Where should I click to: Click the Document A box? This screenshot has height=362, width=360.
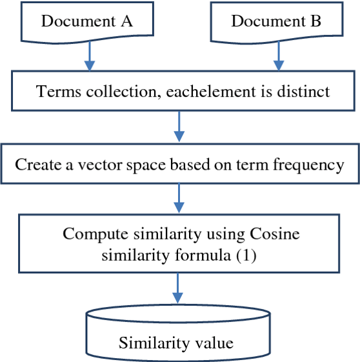87,23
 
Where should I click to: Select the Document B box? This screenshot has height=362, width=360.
277,23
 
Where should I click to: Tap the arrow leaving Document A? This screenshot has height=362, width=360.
90,56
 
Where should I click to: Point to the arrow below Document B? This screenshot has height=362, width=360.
279,56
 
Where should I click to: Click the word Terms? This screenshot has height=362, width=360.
58,92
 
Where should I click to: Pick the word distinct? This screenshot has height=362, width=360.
303,92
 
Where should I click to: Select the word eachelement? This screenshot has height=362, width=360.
211,92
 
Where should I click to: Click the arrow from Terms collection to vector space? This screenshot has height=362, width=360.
179,126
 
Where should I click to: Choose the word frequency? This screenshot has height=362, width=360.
308,166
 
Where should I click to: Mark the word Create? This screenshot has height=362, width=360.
39,165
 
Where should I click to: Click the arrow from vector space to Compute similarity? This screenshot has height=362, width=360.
179,198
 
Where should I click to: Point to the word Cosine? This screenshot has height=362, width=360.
275,234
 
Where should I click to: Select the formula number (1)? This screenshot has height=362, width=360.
246,256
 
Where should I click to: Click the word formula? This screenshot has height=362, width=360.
203,256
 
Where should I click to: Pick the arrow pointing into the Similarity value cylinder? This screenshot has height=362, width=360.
177,288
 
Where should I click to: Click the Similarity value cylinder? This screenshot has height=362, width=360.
178,333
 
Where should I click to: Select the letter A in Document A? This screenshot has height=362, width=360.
127,21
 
